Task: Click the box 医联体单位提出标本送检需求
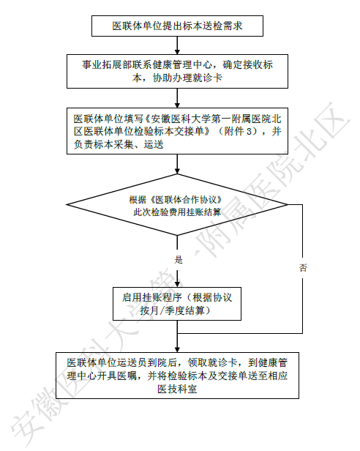click(x=177, y=26)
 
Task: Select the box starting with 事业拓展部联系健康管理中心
click(x=177, y=71)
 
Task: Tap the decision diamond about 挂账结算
click(x=177, y=204)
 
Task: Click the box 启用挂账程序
click(x=177, y=304)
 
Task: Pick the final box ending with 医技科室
click(x=177, y=376)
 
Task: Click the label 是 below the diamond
click(x=179, y=260)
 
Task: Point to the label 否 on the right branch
click(x=303, y=268)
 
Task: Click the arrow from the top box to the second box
click(x=177, y=45)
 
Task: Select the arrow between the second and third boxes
click(x=177, y=98)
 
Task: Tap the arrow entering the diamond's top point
click(x=177, y=164)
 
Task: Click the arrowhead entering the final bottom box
click(x=177, y=349)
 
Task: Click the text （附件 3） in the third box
click(x=239, y=132)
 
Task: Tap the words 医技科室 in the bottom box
click(x=177, y=389)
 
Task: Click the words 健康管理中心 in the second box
click(x=183, y=64)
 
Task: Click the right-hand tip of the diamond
click(x=288, y=204)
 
